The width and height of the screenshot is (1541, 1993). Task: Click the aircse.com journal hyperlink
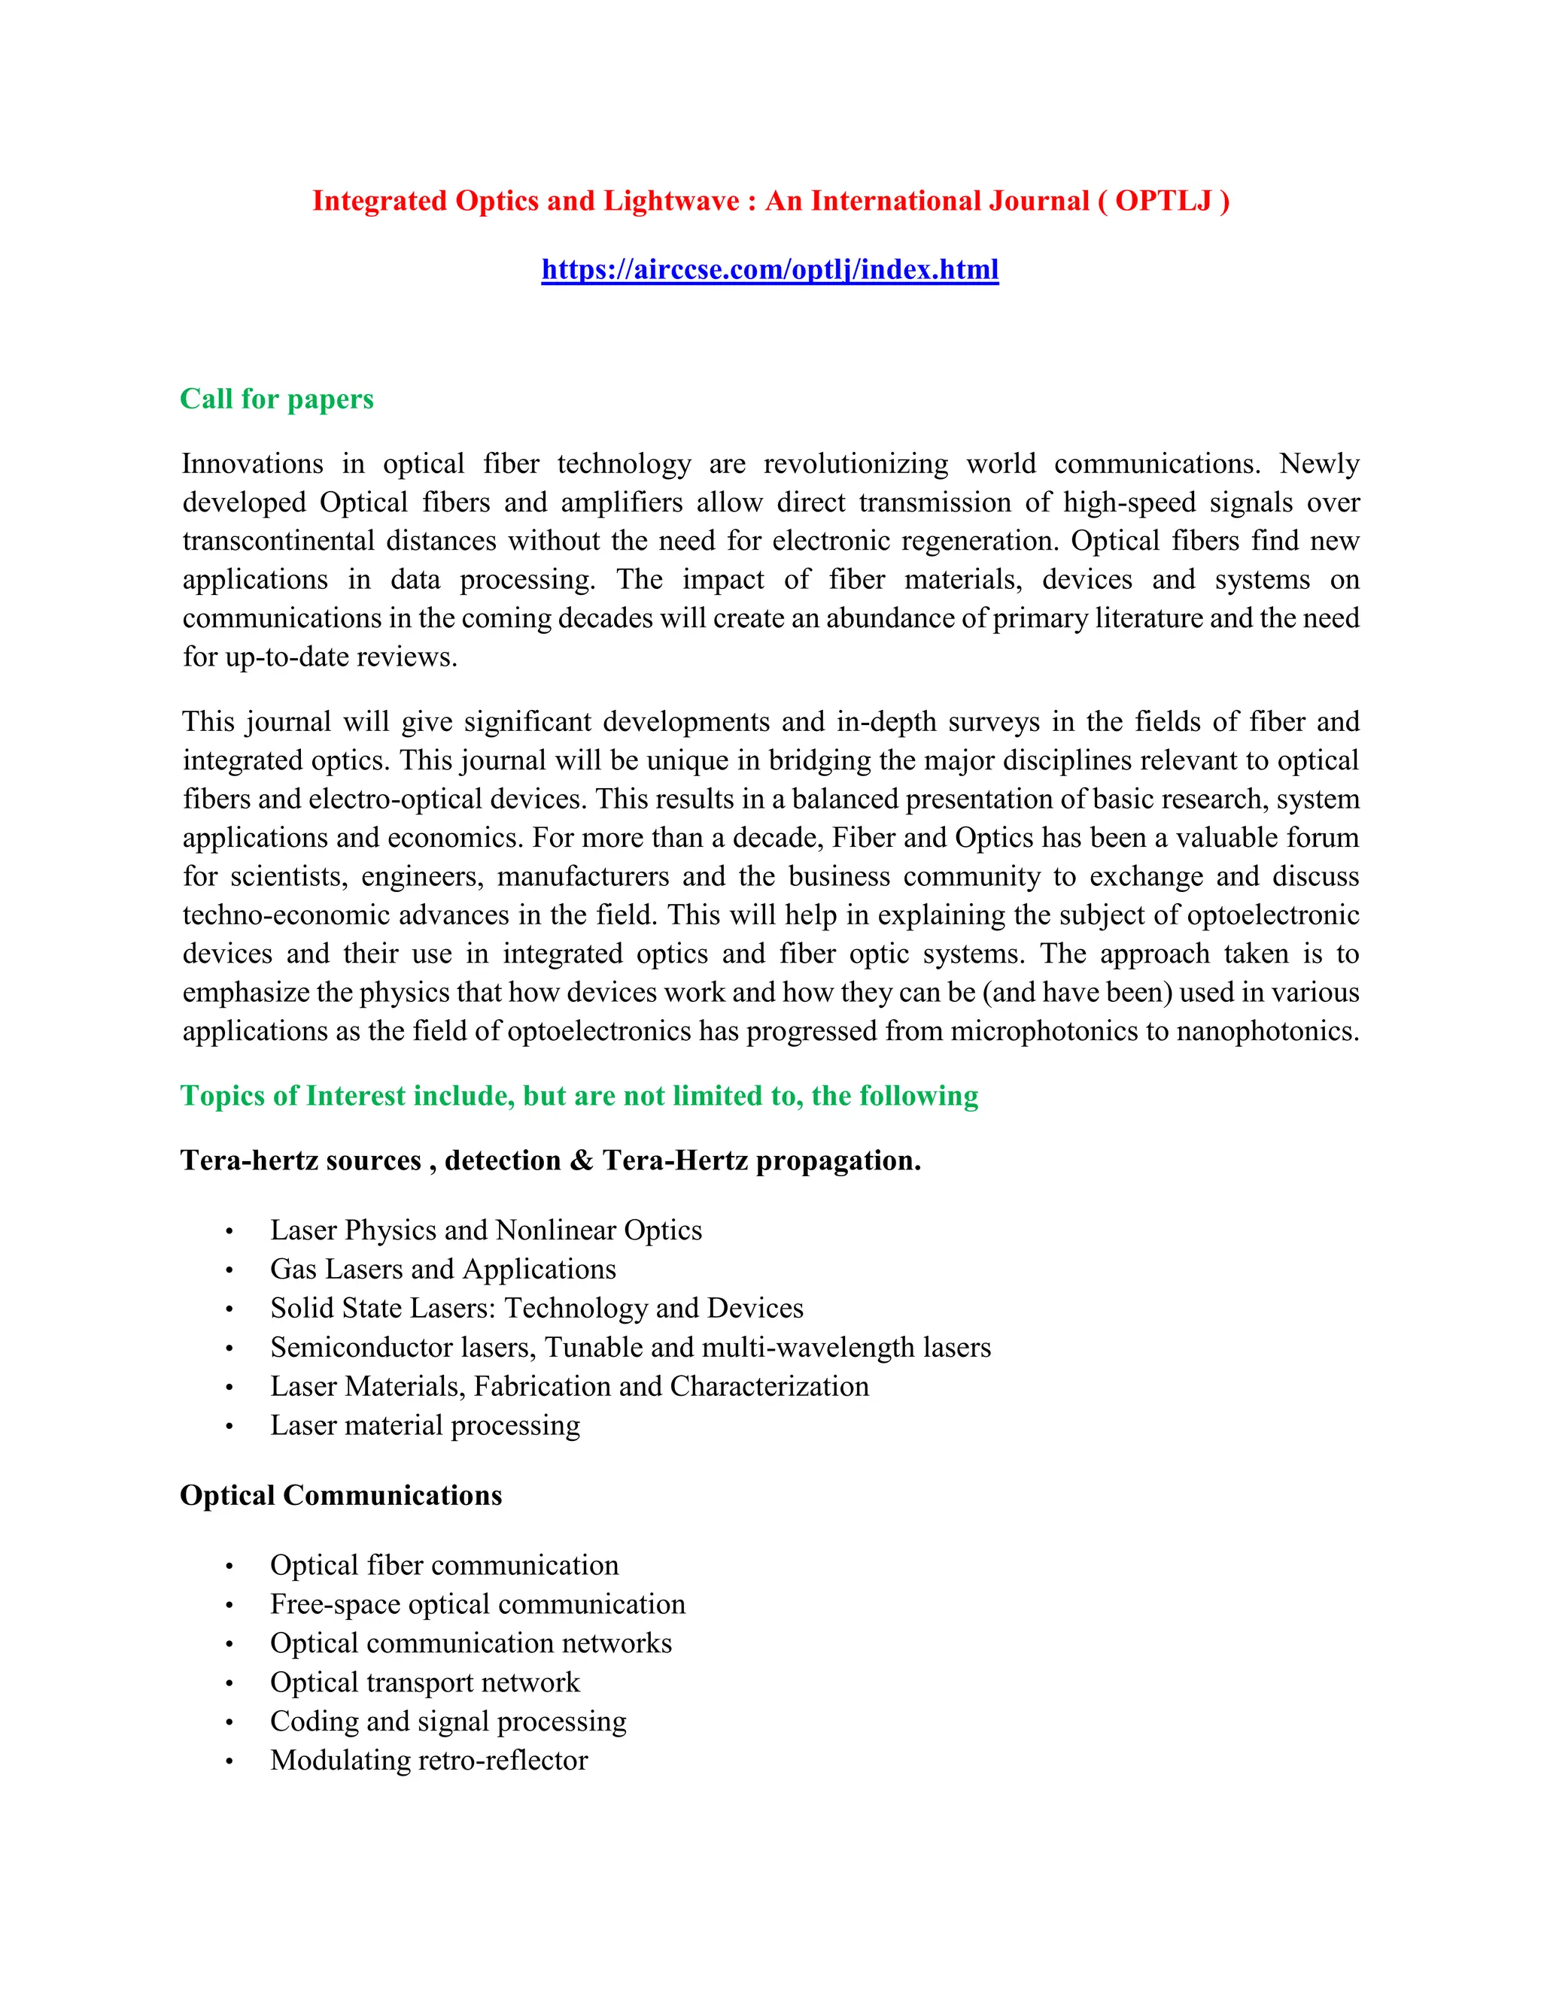770,269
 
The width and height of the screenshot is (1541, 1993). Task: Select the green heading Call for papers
277,399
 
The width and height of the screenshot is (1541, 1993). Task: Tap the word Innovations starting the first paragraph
252,463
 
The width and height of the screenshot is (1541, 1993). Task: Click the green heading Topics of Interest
578,1096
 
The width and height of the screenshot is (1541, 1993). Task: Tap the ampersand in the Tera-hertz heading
581,1160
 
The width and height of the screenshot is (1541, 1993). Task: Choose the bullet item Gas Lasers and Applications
442,1270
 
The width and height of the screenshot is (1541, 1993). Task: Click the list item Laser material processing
424,1425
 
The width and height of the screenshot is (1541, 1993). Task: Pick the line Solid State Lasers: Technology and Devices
536,1309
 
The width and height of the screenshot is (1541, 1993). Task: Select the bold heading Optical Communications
341,1496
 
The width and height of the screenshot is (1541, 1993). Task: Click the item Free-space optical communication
476,1604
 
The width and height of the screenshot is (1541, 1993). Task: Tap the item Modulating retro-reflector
428,1761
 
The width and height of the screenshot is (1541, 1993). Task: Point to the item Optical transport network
424,1682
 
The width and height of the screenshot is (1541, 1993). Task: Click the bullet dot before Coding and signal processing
229,1723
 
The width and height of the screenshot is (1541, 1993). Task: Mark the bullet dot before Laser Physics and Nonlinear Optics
229,1232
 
